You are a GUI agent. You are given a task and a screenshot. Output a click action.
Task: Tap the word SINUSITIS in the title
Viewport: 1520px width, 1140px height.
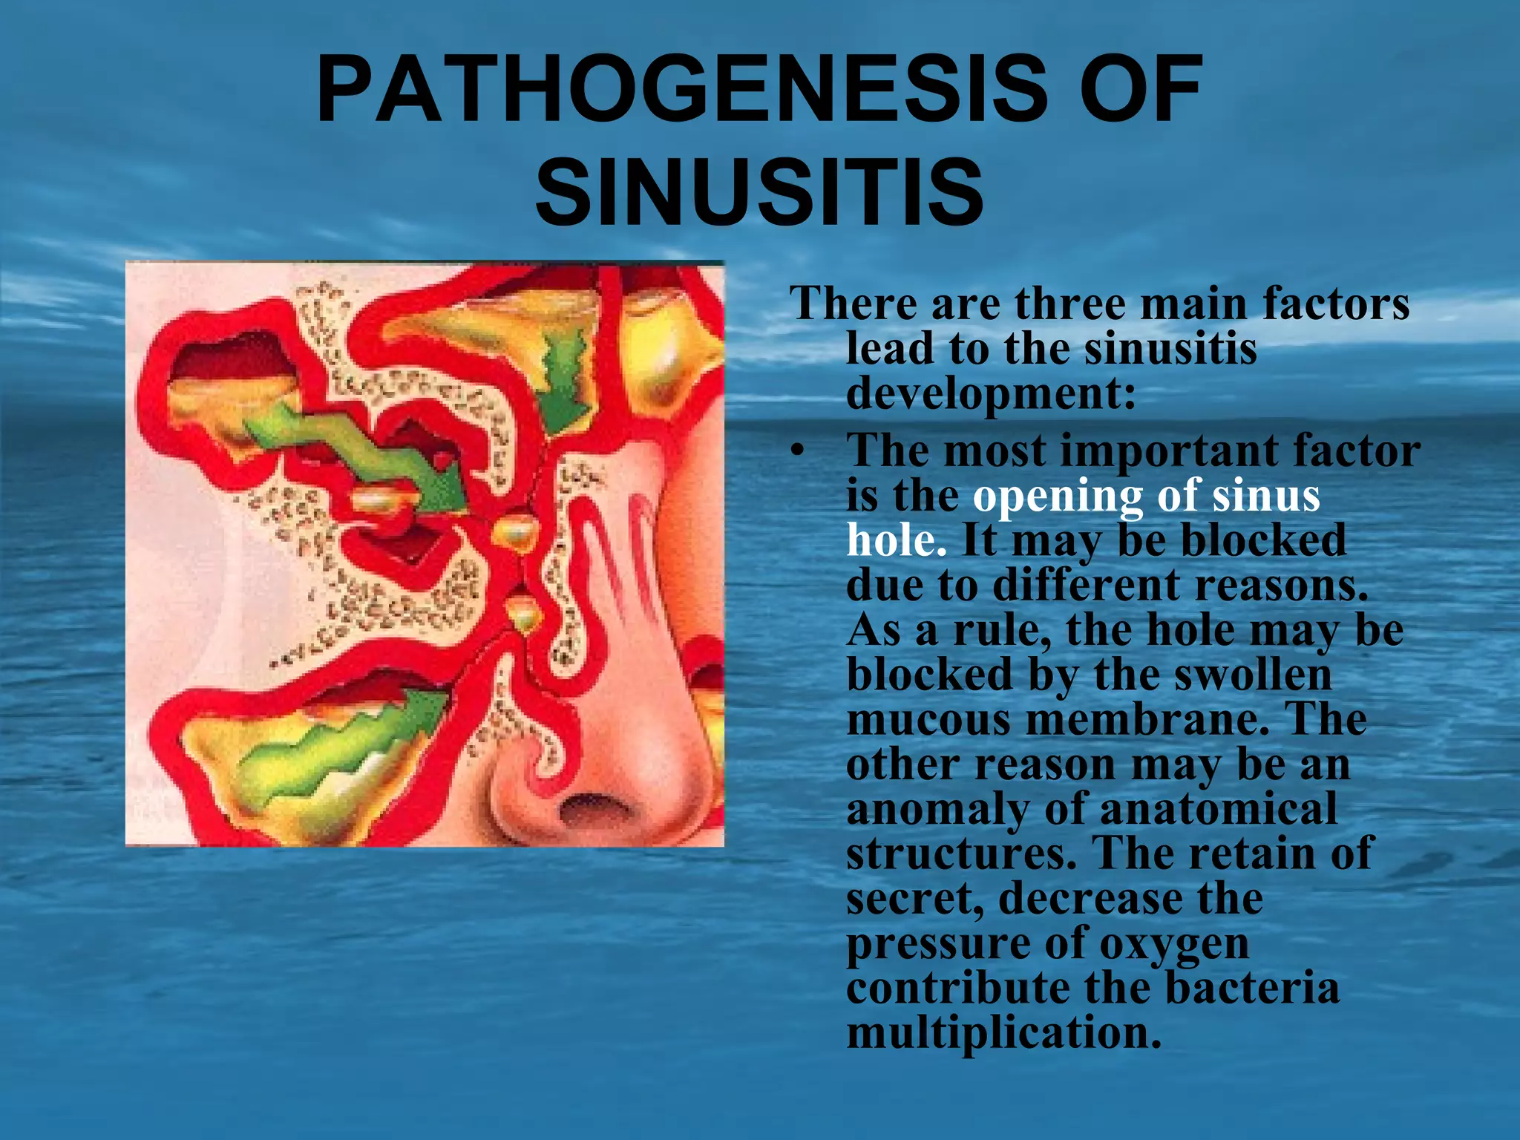point(759,191)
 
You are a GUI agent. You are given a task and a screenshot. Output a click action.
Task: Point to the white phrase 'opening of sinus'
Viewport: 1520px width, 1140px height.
point(1147,496)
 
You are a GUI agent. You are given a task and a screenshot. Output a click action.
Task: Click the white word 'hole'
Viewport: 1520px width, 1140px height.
point(897,540)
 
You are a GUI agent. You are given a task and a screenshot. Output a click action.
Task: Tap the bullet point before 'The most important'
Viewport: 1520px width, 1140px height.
point(797,451)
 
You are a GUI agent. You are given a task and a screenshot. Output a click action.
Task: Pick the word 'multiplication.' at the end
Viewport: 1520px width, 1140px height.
point(1003,1033)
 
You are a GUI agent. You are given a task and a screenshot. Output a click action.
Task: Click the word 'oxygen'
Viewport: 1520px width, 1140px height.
point(1173,944)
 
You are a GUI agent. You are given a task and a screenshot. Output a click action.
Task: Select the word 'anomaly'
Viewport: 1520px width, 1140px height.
point(937,809)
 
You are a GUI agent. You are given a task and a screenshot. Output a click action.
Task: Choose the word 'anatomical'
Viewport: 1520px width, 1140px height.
point(1218,809)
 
